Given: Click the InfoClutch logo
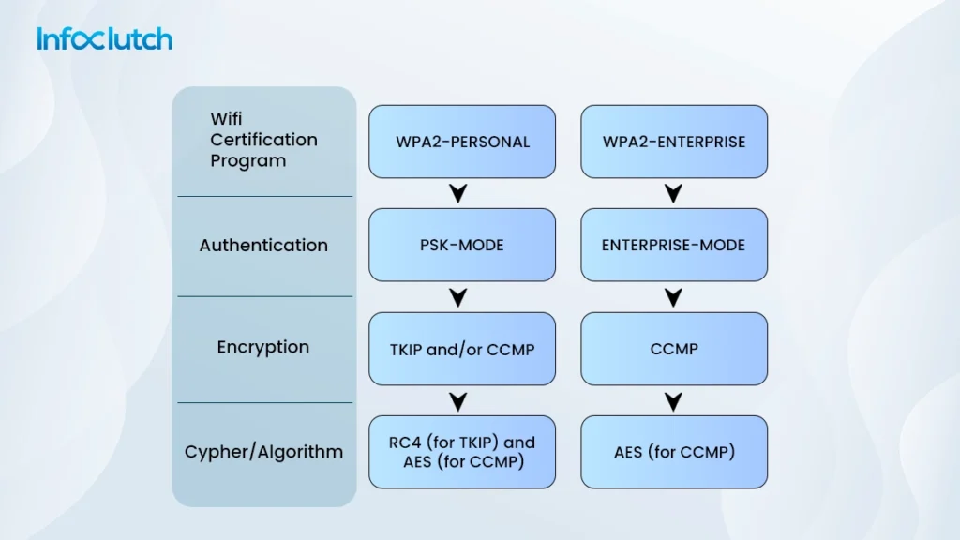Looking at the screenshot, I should click(104, 38).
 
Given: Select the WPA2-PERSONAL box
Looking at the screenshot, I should click(462, 142).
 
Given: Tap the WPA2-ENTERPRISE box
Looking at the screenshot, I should click(674, 142).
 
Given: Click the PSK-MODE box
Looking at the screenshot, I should click(462, 245).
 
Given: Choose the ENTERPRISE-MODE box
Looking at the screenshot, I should click(674, 245).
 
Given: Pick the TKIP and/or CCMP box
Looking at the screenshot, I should click(462, 349).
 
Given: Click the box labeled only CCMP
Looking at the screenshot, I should click(674, 349).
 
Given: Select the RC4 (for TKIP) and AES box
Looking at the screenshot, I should click(462, 452).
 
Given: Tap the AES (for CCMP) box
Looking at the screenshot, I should click(674, 452).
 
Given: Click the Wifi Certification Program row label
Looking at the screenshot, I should click(263, 140).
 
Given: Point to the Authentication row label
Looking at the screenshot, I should click(263, 246).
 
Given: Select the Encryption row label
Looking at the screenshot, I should click(263, 347).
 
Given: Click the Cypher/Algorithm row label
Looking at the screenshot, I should click(263, 452).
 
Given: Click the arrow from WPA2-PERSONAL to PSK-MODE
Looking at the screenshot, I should click(458, 194).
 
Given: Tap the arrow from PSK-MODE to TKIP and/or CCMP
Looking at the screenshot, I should click(458, 298).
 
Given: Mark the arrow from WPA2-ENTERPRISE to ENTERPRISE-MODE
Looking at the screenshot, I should click(672, 194).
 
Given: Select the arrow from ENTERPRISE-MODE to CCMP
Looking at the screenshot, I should click(672, 298).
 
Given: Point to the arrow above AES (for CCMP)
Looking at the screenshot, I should click(672, 402).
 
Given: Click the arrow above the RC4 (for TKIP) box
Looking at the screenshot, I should click(458, 402).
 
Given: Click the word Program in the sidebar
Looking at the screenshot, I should click(248, 160).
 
